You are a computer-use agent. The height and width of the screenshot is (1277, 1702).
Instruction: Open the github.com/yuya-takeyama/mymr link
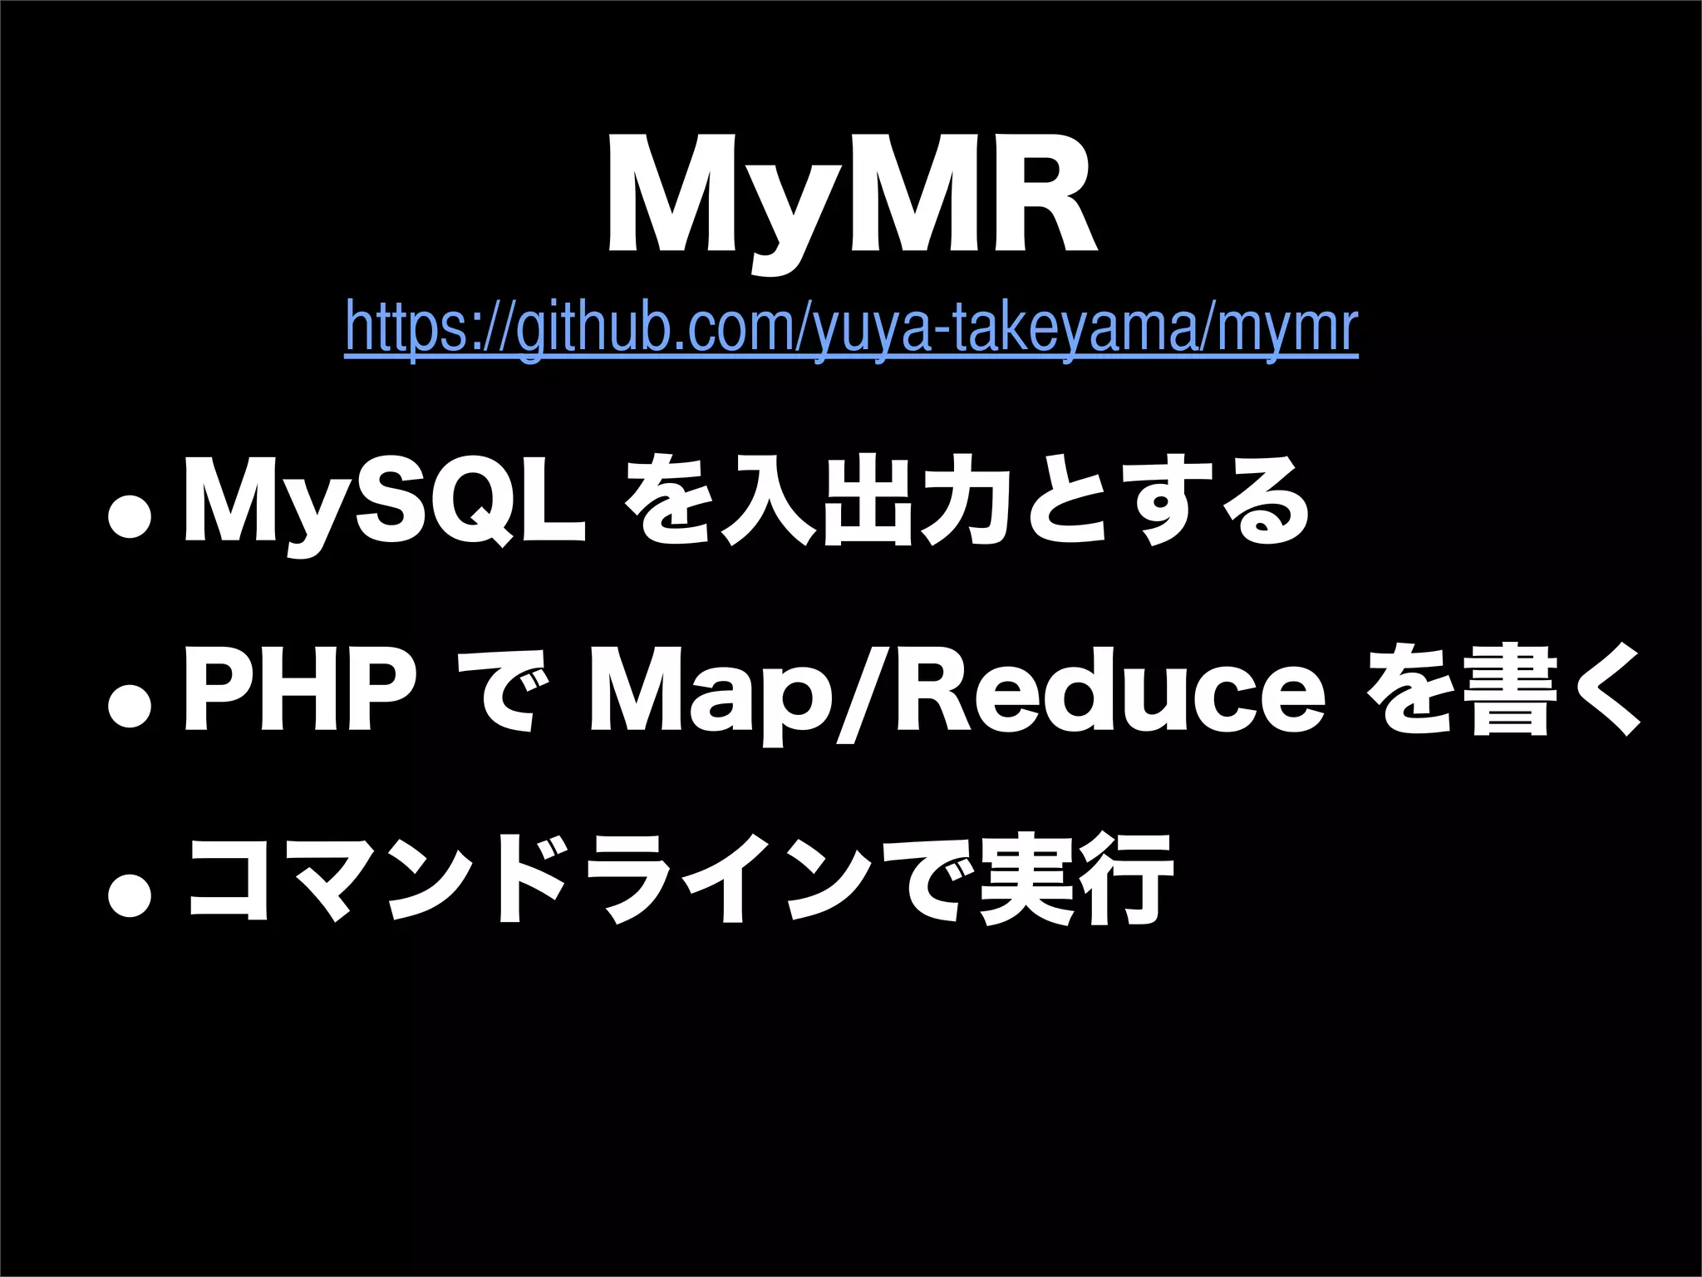(851, 330)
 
